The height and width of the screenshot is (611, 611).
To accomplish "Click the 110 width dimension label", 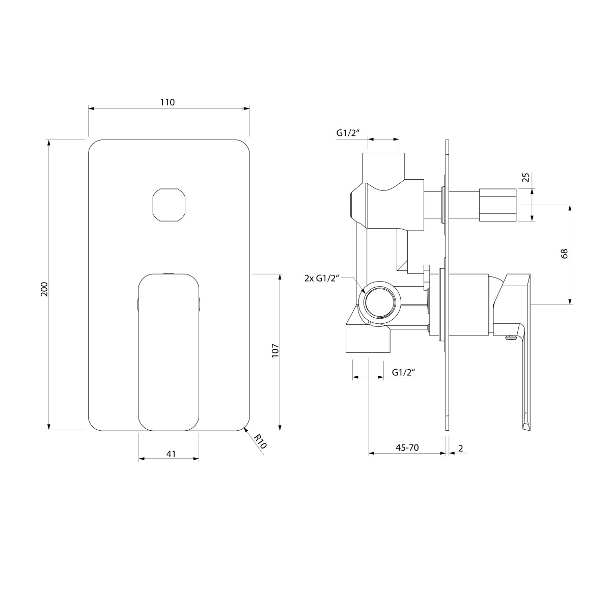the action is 167,102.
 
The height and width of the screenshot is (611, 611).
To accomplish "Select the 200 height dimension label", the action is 44,289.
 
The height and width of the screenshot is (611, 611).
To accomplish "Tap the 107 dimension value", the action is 275,350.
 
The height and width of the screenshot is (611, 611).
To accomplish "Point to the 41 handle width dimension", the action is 171,454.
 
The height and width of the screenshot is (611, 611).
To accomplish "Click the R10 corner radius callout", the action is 261,441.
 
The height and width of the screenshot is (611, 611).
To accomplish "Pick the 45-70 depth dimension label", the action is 407,448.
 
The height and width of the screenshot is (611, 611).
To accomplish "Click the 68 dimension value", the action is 564,254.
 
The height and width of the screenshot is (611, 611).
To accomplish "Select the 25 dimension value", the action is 525,177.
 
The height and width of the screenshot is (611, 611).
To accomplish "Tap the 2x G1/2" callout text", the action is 322,279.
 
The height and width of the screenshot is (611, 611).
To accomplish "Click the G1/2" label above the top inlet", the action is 348,133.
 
